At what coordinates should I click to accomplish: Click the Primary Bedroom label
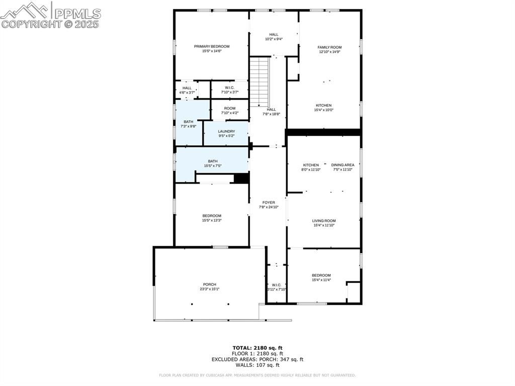[x=212, y=46]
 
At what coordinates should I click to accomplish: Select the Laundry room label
[x=226, y=131]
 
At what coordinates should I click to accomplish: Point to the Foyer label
[x=269, y=202]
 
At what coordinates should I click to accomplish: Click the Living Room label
[x=324, y=221]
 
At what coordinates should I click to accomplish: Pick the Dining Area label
[x=343, y=165]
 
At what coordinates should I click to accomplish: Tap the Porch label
[x=209, y=284]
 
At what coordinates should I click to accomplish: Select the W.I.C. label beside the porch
[x=276, y=285]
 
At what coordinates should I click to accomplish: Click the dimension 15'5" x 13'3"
[x=212, y=220]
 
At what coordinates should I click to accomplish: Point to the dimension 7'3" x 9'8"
[x=188, y=126]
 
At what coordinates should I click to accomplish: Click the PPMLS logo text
[x=77, y=14]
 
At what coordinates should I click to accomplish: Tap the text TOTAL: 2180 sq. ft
[x=257, y=348]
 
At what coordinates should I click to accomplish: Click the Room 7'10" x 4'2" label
[x=230, y=108]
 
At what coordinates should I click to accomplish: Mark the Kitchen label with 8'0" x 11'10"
[x=311, y=165]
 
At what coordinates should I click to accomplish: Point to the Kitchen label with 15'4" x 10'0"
[x=324, y=106]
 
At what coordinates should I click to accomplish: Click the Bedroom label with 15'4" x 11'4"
[x=321, y=275]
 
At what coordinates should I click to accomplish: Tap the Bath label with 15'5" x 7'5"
[x=213, y=161]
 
